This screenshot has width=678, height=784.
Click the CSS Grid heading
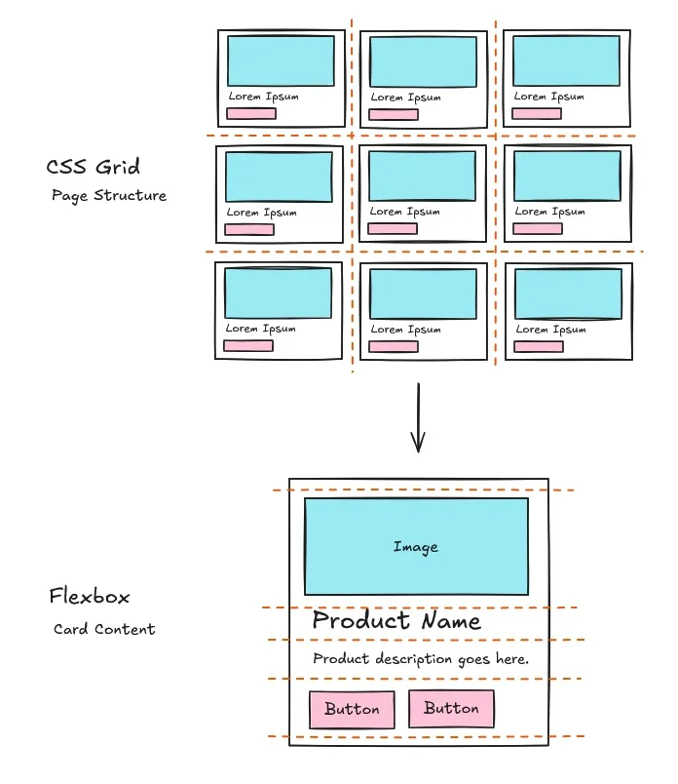click(x=94, y=166)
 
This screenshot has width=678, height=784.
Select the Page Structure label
click(x=109, y=196)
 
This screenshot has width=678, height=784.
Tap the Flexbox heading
click(x=90, y=597)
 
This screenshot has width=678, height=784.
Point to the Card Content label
click(x=104, y=630)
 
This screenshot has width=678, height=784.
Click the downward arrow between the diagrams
click(x=418, y=419)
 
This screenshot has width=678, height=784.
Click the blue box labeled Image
click(x=416, y=547)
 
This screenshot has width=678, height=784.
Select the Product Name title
click(x=395, y=622)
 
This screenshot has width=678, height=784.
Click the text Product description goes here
click(x=421, y=659)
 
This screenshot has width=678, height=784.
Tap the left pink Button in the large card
click(x=352, y=709)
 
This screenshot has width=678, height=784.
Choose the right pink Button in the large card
click(x=451, y=709)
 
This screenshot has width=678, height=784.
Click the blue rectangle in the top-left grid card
click(x=281, y=60)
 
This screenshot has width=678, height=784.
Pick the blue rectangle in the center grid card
click(x=423, y=176)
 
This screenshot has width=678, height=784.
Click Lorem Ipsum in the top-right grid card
click(x=549, y=97)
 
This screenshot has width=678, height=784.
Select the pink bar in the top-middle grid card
click(x=394, y=114)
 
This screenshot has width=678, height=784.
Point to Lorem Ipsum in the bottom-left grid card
click(x=261, y=329)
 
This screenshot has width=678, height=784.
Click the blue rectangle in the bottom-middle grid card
click(x=423, y=294)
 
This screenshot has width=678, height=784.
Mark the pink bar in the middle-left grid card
click(x=249, y=229)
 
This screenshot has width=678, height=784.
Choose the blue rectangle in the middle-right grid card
click(x=567, y=176)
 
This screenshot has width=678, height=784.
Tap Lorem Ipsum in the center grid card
click(x=405, y=212)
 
